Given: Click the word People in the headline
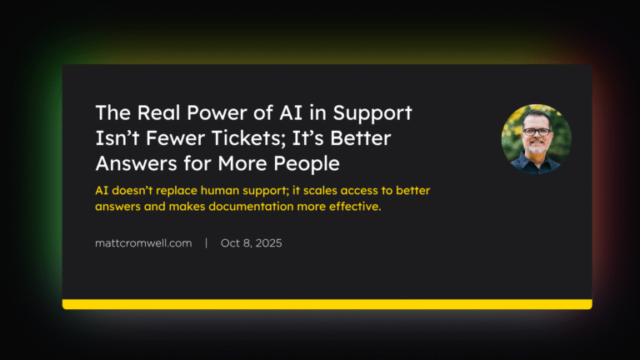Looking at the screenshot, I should pos(297,162).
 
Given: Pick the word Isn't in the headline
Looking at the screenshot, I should pos(115,137).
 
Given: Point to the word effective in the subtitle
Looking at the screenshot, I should pos(354,206).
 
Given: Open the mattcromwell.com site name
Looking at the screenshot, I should pos(143,243).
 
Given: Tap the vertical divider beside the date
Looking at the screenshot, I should pos(207,243).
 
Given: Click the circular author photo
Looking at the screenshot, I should pos(536,139).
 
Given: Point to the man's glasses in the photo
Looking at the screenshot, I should pos(537,132).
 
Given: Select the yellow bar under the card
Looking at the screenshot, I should pos(327,304).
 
